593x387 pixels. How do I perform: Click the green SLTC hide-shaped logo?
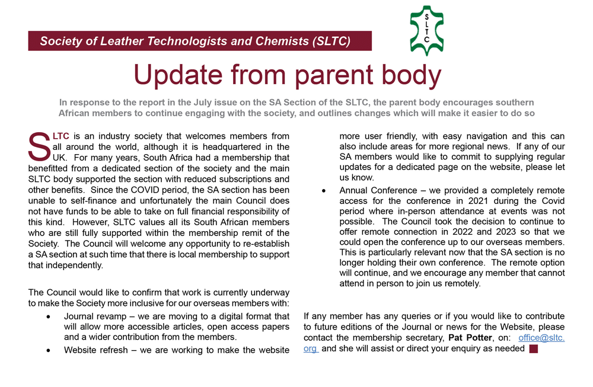[426, 31]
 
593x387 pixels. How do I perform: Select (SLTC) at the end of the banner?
[331, 41]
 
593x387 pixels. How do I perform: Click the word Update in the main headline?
[178, 75]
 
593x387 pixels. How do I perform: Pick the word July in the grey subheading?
[203, 103]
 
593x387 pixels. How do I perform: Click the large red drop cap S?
[39, 146]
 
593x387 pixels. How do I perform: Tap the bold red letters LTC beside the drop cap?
[61, 136]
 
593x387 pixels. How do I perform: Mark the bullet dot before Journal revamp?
[48, 316]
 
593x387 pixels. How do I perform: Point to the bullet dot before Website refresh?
[48, 350]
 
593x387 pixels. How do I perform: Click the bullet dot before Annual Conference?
[324, 191]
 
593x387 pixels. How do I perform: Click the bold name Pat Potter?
[470, 337]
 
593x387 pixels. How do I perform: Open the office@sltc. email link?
[541, 337]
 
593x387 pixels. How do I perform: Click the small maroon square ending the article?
[534, 349]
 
